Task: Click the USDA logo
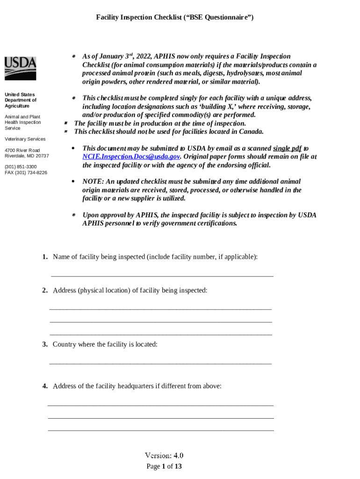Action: pyautogui.click(x=20, y=68)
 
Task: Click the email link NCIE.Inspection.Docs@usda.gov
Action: pyautogui.click(x=131, y=157)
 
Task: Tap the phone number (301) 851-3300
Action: pyautogui.click(x=21, y=167)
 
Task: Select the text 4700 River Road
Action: pyautogui.click(x=22, y=150)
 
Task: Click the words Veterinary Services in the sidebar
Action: pyautogui.click(x=25, y=139)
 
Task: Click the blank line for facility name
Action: pyautogui.click(x=162, y=276)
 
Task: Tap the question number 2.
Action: pyautogui.click(x=44, y=290)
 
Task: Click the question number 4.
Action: pyautogui.click(x=44, y=386)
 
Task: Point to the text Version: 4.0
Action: pyautogui.click(x=164, y=456)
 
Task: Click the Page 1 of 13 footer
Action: pyautogui.click(x=164, y=466)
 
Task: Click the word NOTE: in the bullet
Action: pyautogui.click(x=92, y=181)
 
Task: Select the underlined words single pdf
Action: pyautogui.click(x=287, y=148)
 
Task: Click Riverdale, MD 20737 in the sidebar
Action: pyautogui.click(x=27, y=156)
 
